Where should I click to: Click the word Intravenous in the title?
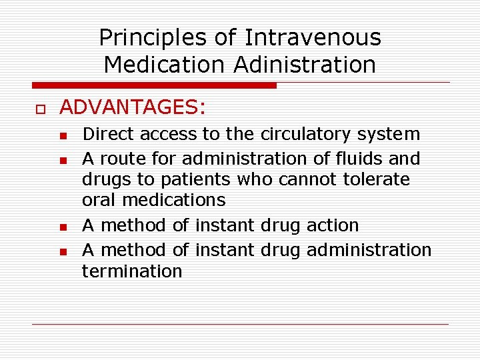coord(313,38)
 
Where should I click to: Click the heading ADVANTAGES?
coord(133,107)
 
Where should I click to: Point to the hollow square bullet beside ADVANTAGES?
coord(39,108)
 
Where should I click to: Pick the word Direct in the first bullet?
coord(108,134)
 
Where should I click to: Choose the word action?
coord(333,225)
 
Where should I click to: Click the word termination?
coord(132,271)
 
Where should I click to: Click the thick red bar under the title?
coord(154,85)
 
